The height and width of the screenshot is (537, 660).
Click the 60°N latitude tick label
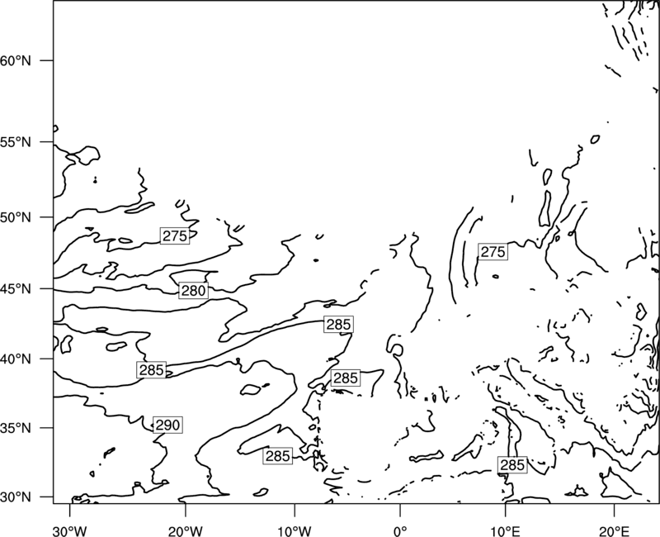click(x=16, y=60)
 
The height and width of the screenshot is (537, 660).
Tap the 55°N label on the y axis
click(x=16, y=142)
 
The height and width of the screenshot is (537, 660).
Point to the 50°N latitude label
click(x=16, y=217)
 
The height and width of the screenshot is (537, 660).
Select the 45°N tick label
click(x=16, y=289)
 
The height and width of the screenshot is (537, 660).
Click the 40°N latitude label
click(x=16, y=359)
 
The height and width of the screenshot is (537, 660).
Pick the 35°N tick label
click(x=16, y=428)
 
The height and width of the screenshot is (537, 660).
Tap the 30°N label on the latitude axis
click(x=16, y=497)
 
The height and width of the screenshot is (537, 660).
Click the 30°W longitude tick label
click(x=70, y=531)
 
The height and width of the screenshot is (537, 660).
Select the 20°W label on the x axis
click(x=186, y=531)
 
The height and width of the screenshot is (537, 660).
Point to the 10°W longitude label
click(x=295, y=531)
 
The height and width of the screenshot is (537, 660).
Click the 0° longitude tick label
click(x=400, y=531)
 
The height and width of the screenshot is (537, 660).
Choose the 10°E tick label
click(x=505, y=531)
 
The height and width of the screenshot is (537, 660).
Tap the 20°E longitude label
click(x=614, y=531)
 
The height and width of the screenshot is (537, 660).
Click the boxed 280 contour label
click(x=193, y=291)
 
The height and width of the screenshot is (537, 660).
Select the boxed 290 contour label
click(x=167, y=425)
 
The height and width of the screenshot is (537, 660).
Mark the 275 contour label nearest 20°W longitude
click(x=175, y=235)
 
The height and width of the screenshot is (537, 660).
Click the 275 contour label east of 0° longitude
click(x=493, y=252)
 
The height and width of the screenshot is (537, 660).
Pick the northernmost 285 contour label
click(x=338, y=324)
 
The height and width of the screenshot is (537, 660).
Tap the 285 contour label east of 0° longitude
click(x=512, y=464)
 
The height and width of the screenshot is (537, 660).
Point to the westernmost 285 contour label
click(x=152, y=369)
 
